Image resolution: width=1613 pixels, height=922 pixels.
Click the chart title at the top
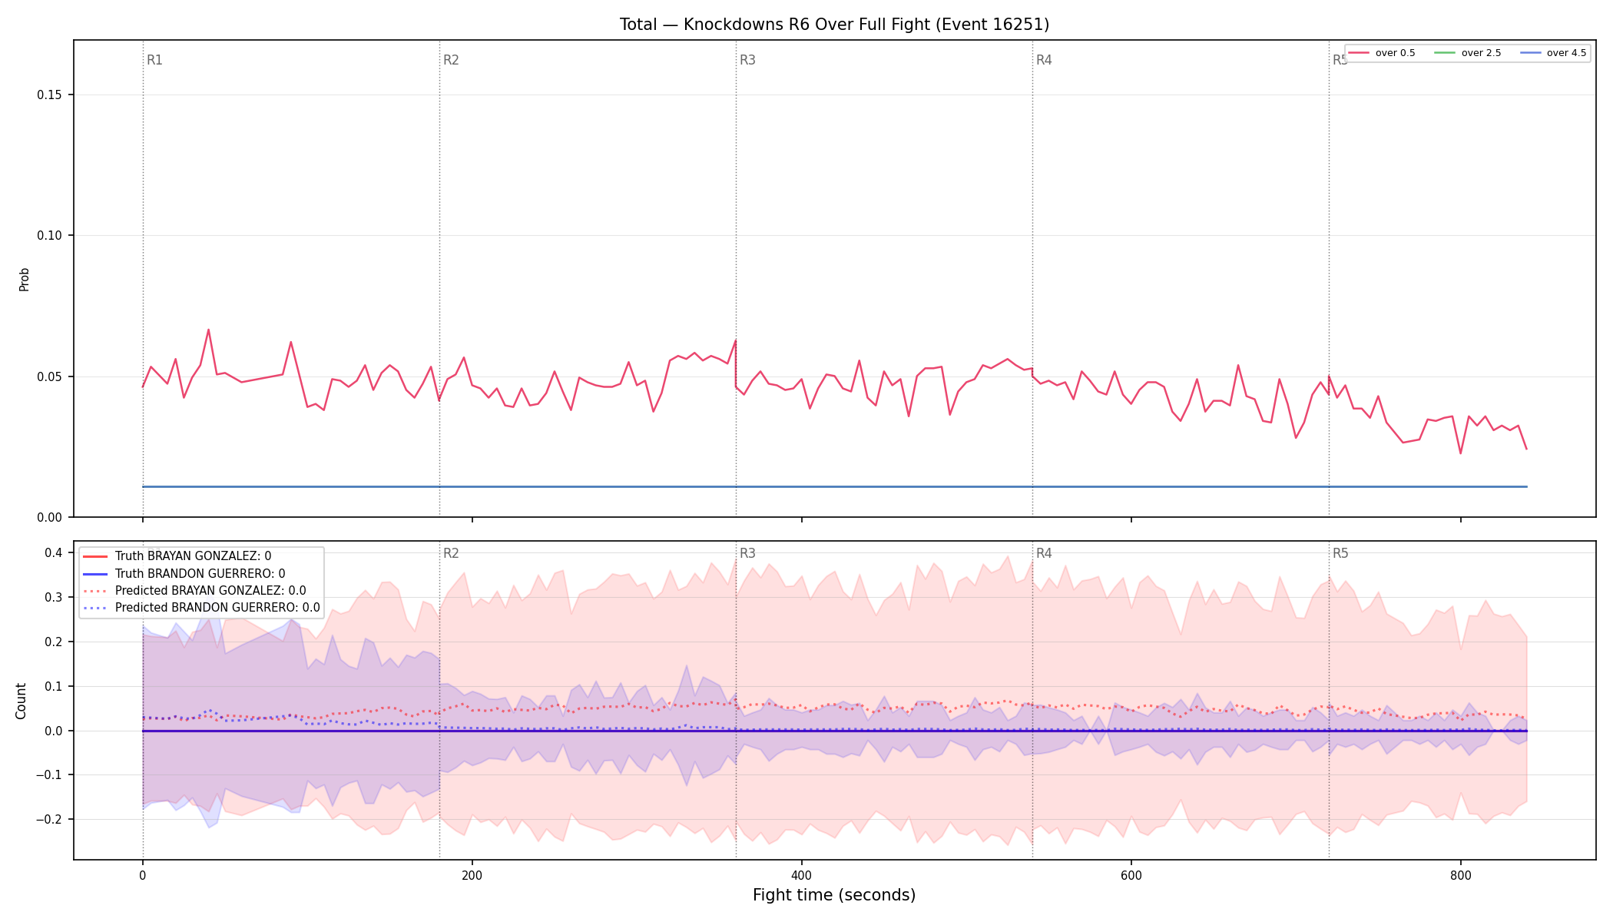(x=834, y=25)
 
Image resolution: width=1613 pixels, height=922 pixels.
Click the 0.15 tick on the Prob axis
(x=50, y=95)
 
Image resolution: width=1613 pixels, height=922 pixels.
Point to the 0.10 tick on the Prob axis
(x=50, y=236)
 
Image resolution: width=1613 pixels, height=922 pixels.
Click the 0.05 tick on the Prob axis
(x=50, y=376)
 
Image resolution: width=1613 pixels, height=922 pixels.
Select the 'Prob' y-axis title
(x=24, y=279)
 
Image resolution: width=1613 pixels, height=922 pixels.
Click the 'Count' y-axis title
(x=21, y=701)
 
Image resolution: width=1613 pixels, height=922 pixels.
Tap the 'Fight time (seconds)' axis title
(x=834, y=895)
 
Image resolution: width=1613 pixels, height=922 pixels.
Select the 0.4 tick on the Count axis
(x=53, y=553)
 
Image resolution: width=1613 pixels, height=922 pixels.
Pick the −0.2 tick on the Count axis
(x=48, y=820)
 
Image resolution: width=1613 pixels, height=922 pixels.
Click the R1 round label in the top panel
(x=154, y=60)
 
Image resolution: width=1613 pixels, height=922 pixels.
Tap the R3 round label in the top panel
(x=747, y=60)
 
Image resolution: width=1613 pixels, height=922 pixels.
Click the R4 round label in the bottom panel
(x=1044, y=553)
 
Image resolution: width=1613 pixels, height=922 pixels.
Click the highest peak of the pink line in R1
(x=208, y=330)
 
